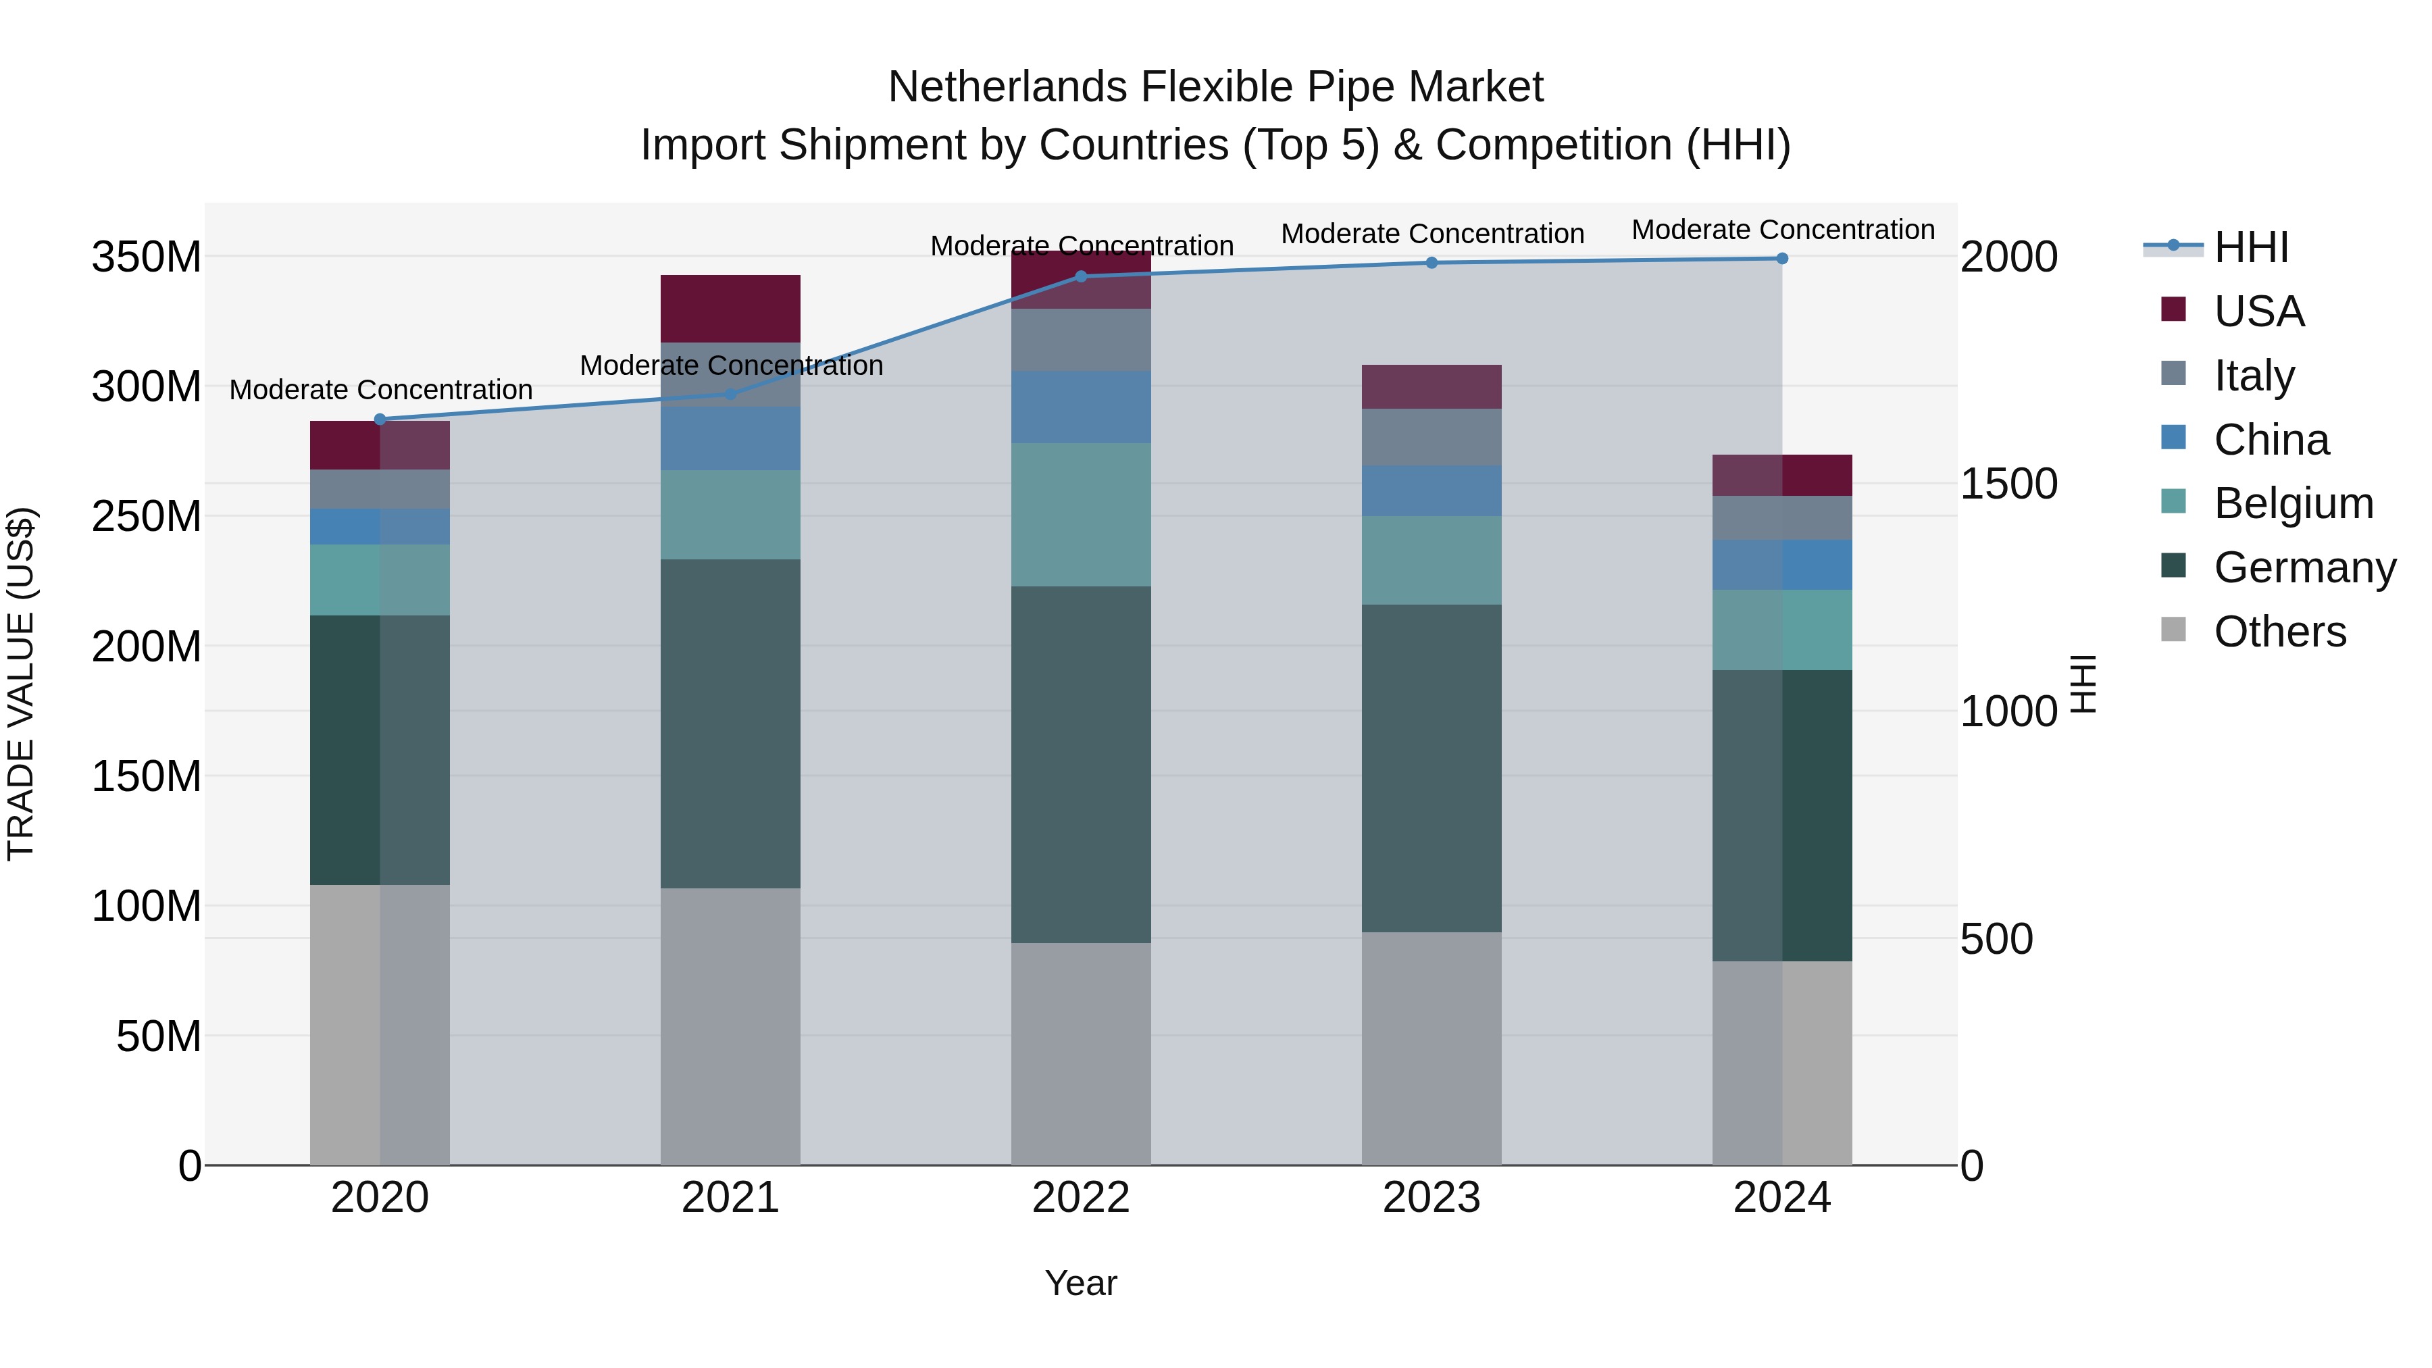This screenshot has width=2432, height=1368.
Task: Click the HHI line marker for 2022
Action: click(1081, 276)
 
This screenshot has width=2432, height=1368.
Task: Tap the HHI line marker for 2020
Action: click(380, 419)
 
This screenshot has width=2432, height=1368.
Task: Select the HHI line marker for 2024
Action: click(1781, 259)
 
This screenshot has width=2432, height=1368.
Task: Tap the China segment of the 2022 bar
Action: click(1081, 407)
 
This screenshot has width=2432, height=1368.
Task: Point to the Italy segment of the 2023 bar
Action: click(1432, 437)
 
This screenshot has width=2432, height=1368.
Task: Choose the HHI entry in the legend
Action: click(2251, 247)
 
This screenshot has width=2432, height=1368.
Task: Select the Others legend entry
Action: click(2279, 632)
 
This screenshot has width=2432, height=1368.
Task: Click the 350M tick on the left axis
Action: click(147, 257)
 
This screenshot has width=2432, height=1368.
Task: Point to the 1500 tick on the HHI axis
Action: click(2008, 484)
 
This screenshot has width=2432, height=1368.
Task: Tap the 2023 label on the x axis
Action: click(1432, 1198)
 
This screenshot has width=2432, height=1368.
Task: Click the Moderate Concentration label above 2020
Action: click(380, 390)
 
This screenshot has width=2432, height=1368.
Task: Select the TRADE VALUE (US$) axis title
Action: click(21, 684)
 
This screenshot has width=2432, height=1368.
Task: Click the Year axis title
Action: click(1081, 1283)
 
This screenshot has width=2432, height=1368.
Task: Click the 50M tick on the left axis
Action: click(159, 1036)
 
